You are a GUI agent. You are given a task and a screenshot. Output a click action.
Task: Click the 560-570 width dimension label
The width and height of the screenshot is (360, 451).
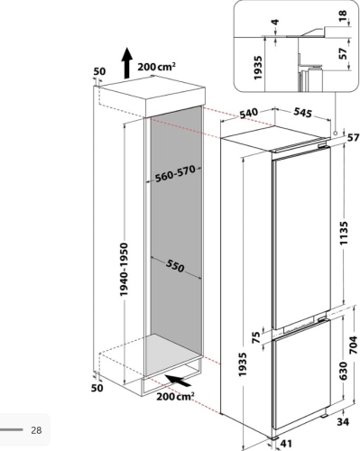[x=175, y=174]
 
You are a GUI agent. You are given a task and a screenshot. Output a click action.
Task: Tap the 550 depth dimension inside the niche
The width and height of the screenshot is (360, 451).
[x=174, y=266]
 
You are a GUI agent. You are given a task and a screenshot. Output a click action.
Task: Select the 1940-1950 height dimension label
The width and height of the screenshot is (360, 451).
[x=124, y=269]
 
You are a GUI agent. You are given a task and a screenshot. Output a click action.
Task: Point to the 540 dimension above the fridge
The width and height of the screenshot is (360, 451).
[x=249, y=114]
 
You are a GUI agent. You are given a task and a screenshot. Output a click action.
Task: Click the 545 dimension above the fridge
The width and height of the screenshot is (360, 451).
[x=302, y=113]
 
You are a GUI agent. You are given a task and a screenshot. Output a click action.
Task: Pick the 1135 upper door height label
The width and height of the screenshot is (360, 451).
[x=344, y=233]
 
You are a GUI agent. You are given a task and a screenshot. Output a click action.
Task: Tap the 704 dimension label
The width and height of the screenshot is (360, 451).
[x=354, y=345]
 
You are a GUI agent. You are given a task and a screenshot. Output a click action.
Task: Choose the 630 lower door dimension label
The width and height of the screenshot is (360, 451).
[x=343, y=371]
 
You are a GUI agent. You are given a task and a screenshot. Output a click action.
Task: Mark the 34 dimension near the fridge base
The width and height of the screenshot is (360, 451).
[x=343, y=422]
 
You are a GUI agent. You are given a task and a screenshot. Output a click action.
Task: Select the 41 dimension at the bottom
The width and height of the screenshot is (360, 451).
[x=286, y=444]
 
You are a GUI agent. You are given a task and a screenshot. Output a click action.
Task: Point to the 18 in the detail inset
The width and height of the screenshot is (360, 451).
[x=342, y=16]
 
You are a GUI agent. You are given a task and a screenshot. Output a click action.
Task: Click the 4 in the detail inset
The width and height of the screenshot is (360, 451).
[x=275, y=22]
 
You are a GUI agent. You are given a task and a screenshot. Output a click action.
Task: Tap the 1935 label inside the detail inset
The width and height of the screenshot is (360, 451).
[x=258, y=68]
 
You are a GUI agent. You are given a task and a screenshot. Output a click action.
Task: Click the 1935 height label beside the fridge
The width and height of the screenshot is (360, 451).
[x=243, y=364]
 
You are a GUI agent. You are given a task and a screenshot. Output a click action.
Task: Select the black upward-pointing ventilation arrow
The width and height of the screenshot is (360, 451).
[x=127, y=63]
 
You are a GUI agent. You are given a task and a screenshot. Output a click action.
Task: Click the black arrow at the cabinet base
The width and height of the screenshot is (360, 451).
[x=178, y=380]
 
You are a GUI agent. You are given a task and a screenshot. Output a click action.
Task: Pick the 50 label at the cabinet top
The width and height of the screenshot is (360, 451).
[x=99, y=71]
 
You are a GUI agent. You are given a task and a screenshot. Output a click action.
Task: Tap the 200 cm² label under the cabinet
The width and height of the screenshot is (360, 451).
[x=175, y=397]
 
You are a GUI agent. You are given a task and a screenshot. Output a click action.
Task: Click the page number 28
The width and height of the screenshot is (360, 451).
[x=36, y=430]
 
